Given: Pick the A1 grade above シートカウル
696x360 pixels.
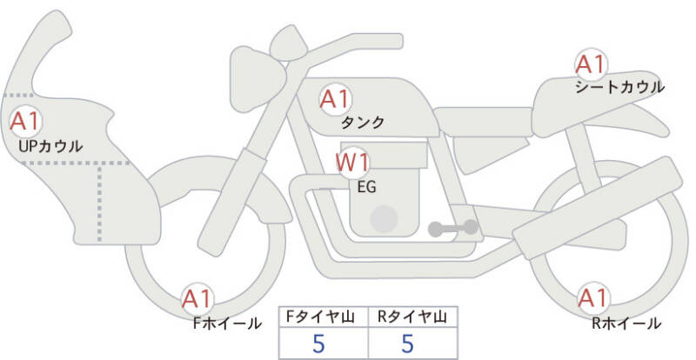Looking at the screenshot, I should point(591,64).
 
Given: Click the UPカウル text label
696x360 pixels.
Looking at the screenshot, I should point(50,145).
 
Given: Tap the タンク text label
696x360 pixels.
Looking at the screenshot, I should point(363,123).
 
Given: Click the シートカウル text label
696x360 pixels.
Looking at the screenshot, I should point(619,87).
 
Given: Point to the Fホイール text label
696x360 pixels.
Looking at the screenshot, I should point(227,323).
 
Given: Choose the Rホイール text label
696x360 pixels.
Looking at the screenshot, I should point(626,323).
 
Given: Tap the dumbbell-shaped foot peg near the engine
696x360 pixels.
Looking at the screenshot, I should point(452,228).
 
